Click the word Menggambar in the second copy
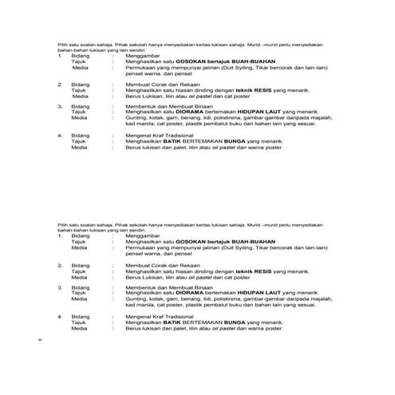[x=140, y=236]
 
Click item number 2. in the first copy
[x=60, y=83]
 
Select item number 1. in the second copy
[x=60, y=236]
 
